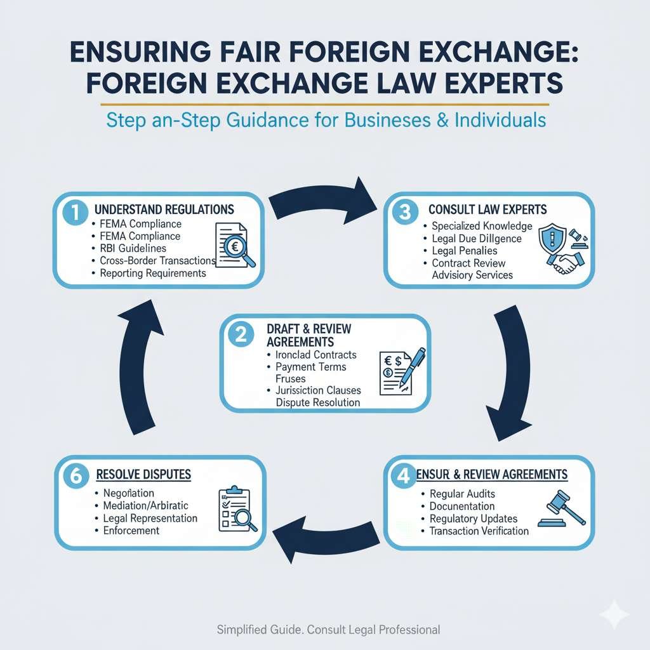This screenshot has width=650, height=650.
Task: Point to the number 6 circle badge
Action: pyautogui.click(x=76, y=477)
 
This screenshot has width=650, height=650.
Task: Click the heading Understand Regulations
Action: pyautogui.click(x=164, y=209)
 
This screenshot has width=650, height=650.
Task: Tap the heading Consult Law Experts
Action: pyautogui.click(x=487, y=209)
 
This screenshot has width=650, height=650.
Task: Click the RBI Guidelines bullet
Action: pyautogui.click(x=133, y=248)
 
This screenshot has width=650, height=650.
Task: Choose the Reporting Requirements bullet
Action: pyautogui.click(x=153, y=273)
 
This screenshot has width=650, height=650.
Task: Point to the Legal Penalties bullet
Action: pyautogui.click(x=464, y=251)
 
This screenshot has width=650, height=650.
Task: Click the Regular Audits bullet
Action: pyautogui.click(x=462, y=493)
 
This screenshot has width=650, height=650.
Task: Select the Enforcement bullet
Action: pyautogui.click(x=132, y=529)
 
